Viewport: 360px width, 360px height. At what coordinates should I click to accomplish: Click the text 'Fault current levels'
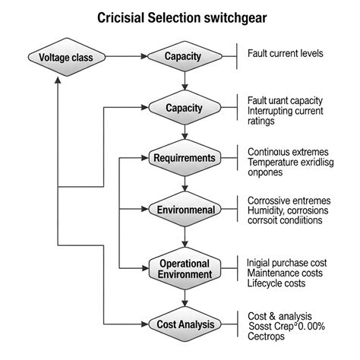click(285, 54)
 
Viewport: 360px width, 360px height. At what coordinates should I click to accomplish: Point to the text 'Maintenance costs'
click(285, 273)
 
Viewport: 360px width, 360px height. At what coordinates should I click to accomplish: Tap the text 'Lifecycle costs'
click(276, 283)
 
